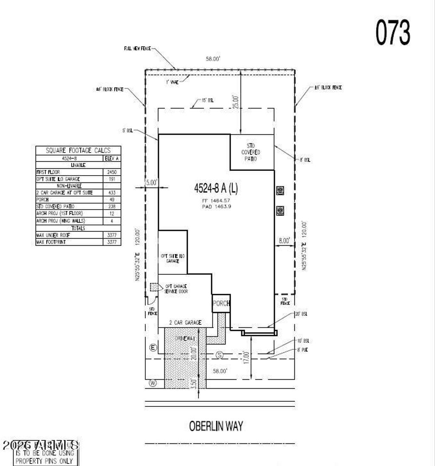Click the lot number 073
(x=393, y=33)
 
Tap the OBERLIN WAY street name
(x=216, y=426)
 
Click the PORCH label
(x=221, y=304)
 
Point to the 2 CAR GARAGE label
(x=185, y=323)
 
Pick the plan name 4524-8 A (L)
(x=216, y=188)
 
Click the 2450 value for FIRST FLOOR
(x=112, y=172)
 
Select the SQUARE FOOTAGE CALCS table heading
(x=78, y=150)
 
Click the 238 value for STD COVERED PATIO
(x=112, y=206)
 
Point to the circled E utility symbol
(x=153, y=348)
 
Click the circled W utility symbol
(x=153, y=384)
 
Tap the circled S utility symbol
(x=220, y=354)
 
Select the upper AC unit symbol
(x=280, y=190)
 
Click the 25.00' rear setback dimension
(x=236, y=102)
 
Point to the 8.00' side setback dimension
(x=284, y=241)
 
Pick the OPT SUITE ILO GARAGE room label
(x=172, y=258)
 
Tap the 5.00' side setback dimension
(x=151, y=182)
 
